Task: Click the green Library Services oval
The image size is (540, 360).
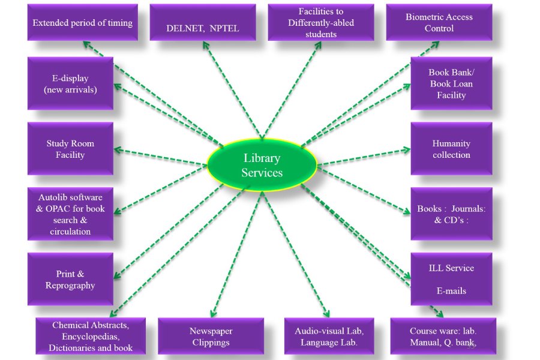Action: click(x=262, y=166)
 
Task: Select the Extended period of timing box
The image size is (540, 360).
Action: click(x=82, y=23)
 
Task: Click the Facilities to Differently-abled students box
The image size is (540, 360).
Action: click(x=320, y=23)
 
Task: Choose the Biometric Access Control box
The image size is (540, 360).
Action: click(x=439, y=23)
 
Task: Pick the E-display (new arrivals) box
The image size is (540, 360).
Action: click(x=70, y=84)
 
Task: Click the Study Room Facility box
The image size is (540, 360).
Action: click(x=70, y=149)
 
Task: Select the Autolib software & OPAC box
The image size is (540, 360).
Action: click(x=70, y=214)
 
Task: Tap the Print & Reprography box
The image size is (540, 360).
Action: click(x=70, y=280)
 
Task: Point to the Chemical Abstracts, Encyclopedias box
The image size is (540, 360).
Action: click(x=91, y=336)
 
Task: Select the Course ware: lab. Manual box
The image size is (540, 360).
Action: click(x=443, y=337)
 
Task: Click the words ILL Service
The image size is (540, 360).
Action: click(x=451, y=268)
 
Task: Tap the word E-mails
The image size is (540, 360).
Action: click(x=451, y=291)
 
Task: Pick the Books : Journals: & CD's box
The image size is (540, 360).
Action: click(x=451, y=214)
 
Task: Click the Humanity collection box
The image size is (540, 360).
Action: click(x=451, y=149)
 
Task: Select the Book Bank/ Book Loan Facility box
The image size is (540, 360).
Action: click(x=451, y=84)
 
